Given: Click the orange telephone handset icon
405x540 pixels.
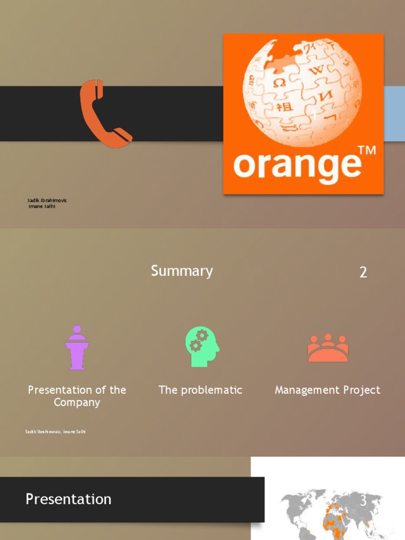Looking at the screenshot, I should [x=104, y=113].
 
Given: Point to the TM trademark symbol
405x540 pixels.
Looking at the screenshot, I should [x=367, y=151].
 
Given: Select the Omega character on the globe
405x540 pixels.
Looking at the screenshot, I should [x=280, y=83].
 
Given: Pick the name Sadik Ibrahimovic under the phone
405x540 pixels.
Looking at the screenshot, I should [x=47, y=200].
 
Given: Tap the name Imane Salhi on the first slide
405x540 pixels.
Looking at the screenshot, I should [x=42, y=206].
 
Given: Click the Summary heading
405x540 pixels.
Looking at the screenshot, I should [x=182, y=271].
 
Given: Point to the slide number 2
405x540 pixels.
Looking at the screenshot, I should [x=363, y=272].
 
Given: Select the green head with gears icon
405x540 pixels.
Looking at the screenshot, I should [x=202, y=346].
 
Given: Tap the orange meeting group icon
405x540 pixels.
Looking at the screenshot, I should [x=327, y=348].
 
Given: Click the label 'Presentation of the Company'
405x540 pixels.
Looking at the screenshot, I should [x=77, y=396].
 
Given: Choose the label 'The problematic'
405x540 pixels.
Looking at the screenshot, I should [x=200, y=390].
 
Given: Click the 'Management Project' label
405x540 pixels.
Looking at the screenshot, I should [x=327, y=390].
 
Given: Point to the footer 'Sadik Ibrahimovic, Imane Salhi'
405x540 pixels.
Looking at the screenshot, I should [x=55, y=432].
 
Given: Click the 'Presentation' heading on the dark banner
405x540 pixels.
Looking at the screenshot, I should [x=69, y=499].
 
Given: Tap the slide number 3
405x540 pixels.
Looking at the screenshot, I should [x=363, y=501].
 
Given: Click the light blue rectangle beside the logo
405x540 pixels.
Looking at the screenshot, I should [x=394, y=113].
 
